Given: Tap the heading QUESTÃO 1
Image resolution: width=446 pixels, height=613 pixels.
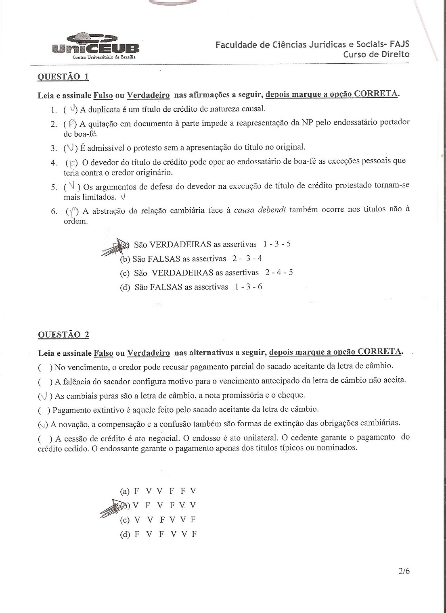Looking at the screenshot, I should (x=63, y=77).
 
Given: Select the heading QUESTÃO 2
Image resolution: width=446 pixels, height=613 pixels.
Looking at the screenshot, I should (x=63, y=334).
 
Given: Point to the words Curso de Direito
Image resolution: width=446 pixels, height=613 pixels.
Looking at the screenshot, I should (x=376, y=54).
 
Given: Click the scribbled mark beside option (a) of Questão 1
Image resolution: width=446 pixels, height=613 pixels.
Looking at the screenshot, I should (x=115, y=247).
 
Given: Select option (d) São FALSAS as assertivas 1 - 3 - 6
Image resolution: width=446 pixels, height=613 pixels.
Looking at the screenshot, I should (x=191, y=287).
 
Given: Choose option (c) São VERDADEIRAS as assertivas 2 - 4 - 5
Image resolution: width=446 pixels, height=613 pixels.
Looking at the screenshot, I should (x=206, y=273).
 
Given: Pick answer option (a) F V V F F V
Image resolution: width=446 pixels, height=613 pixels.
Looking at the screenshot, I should (x=158, y=491).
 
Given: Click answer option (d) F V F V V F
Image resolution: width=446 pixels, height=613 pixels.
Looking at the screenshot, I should (x=158, y=534).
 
